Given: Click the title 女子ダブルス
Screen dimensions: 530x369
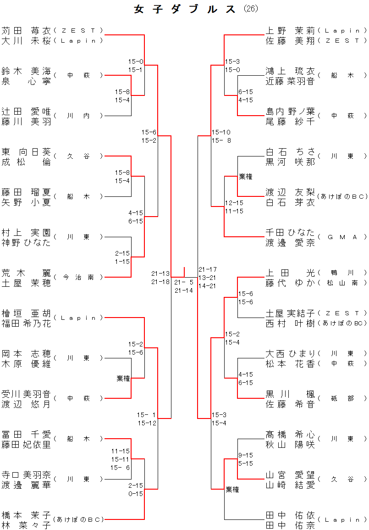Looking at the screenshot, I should [x=185, y=9].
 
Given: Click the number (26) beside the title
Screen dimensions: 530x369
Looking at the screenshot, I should [x=251, y=9].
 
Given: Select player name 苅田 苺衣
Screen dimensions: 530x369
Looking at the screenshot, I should [x=26, y=31].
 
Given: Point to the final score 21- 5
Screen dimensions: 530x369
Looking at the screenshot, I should [x=184, y=282].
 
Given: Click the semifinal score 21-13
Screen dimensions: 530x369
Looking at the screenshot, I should [x=160, y=273].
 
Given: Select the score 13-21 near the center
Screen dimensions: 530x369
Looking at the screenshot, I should [x=208, y=278].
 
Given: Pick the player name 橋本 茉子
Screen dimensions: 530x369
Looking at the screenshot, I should [x=26, y=514].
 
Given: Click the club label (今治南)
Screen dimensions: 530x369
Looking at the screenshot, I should [x=78, y=277].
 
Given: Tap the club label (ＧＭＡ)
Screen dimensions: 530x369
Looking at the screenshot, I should [x=342, y=237].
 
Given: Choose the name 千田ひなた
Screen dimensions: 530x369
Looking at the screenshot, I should [x=290, y=232].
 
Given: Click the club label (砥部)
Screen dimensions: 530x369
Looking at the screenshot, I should [x=342, y=398].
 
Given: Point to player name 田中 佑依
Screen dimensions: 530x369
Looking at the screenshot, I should [x=290, y=514].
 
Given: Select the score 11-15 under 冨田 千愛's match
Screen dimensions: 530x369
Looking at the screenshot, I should [x=121, y=451].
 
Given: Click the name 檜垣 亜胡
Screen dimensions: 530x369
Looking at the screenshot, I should [x=26, y=313].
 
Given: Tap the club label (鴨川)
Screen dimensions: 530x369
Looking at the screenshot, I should [x=342, y=273].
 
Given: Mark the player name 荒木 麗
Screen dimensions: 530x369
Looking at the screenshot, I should [x=26, y=273].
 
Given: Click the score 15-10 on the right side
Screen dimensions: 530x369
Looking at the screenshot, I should [x=220, y=132].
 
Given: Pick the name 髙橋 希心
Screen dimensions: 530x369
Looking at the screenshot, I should [x=290, y=434].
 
